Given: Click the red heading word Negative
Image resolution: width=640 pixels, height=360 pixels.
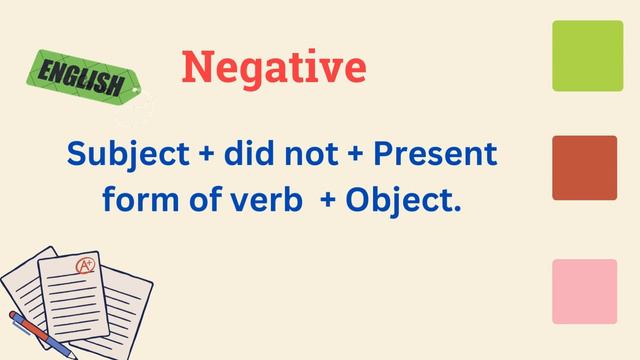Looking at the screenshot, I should click(274, 68).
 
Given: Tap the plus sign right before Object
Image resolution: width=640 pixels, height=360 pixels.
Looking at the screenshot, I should click(327, 201).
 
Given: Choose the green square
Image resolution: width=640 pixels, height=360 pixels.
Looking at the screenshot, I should click(587, 56).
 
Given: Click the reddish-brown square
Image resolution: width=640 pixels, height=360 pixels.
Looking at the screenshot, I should click(584, 168).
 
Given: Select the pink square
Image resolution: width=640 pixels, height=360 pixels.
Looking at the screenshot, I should click(584, 291).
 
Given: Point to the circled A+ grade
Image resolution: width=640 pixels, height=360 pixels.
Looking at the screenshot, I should click(86, 267).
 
